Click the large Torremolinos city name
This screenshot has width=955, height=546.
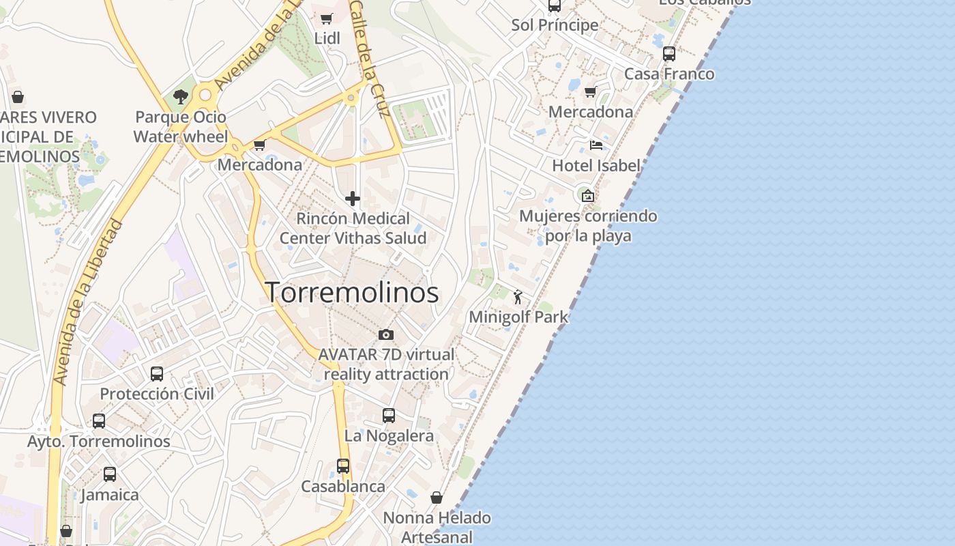tap(351, 293)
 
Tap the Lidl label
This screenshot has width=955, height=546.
tap(327, 38)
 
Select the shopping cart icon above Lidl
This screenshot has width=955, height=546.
tap(327, 18)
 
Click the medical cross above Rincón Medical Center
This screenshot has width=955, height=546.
tap(353, 199)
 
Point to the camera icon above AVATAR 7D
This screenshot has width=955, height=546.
tap(386, 334)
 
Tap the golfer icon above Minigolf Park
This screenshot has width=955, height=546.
tap(518, 297)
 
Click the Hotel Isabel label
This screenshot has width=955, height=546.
tap(596, 165)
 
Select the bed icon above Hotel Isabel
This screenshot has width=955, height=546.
tap(596, 145)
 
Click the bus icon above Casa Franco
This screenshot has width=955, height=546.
tap(669, 53)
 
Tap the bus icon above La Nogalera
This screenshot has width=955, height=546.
tap(389, 415)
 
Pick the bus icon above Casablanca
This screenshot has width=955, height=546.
tap(343, 466)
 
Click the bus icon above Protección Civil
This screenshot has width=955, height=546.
tap(157, 373)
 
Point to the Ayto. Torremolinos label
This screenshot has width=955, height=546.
tap(99, 442)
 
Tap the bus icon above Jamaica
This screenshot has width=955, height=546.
tap(110, 474)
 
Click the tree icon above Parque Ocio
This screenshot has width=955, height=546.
tap(181, 97)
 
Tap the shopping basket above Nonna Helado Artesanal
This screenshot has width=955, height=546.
tap(437, 498)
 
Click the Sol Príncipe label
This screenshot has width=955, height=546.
tap(555, 25)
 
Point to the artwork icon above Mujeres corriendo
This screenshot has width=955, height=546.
tap(587, 196)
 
